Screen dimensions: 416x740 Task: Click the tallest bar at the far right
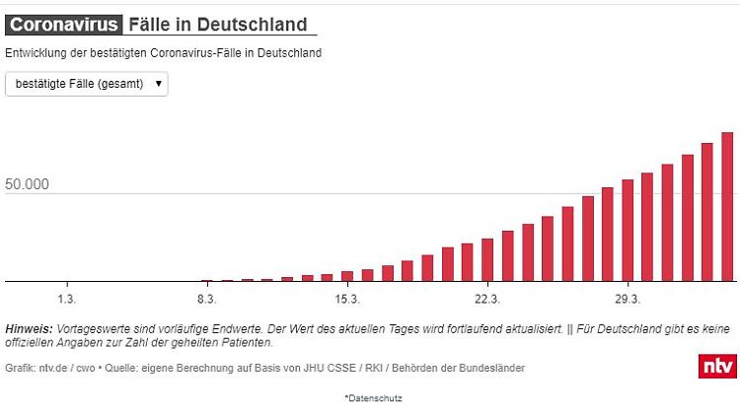[x=727, y=207]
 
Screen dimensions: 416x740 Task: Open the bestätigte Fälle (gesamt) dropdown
[x=87, y=85]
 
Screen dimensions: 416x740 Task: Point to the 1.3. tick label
[x=66, y=298]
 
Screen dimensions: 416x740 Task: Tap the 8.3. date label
[x=206, y=298]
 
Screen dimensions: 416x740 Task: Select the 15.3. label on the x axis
[x=346, y=298]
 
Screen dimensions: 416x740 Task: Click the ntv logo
[x=717, y=366]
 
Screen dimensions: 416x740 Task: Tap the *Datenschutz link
[x=373, y=398]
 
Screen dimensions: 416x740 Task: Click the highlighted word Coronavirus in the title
[x=65, y=25]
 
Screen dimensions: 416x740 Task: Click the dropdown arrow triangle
[x=158, y=85]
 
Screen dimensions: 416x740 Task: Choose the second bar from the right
[x=707, y=212]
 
